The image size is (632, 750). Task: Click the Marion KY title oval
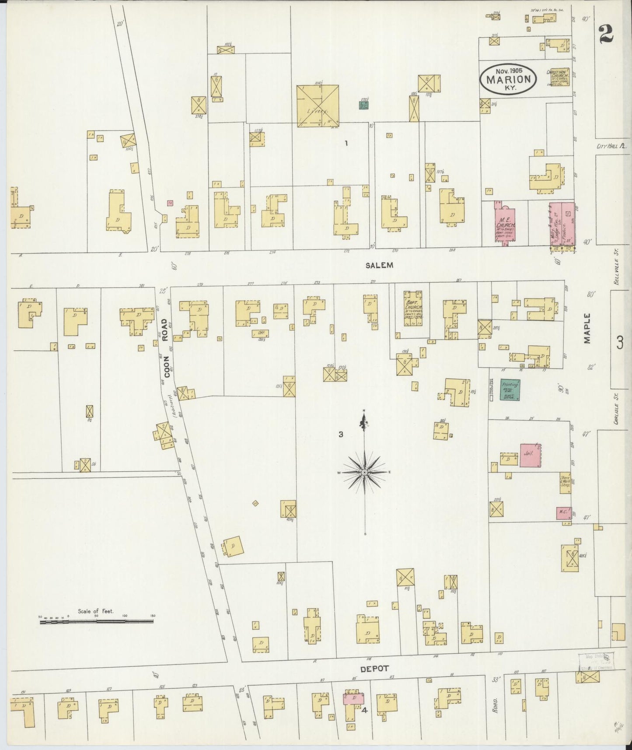(508, 79)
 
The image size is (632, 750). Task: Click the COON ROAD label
(165, 341)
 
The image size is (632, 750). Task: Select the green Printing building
(510, 390)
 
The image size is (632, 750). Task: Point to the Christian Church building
(557, 77)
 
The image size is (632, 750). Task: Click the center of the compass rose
(364, 473)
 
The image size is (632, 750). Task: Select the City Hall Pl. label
(611, 147)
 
